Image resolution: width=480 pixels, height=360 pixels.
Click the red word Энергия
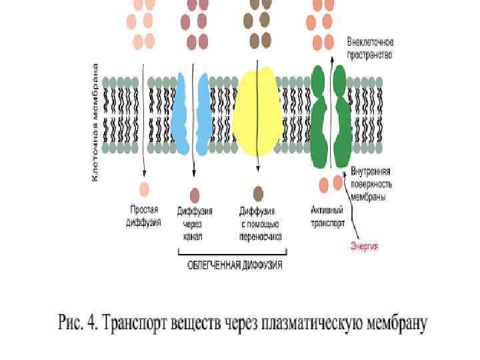click(x=365, y=246)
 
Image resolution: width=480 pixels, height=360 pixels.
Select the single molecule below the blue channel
click(x=194, y=194)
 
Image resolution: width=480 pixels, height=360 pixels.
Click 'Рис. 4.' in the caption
click(x=79, y=325)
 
